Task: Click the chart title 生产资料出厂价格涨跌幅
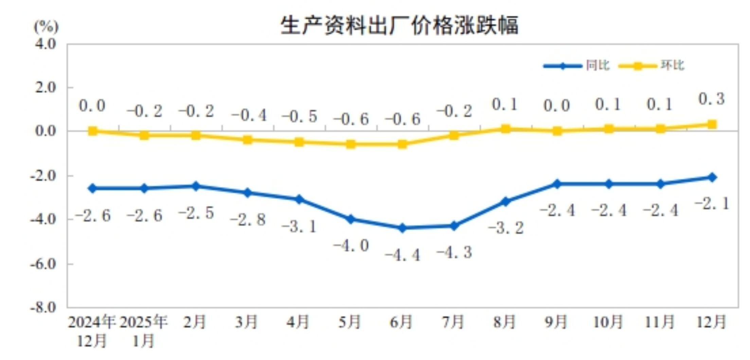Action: [399, 25]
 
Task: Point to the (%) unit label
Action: [46, 27]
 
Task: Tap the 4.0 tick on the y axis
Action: [46, 44]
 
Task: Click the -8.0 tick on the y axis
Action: [43, 308]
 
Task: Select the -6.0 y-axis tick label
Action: [43, 264]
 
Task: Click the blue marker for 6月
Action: [403, 228]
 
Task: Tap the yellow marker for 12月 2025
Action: [712, 124]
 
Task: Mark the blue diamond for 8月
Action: [506, 201]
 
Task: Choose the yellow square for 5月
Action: [351, 144]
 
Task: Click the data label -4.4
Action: [403, 255]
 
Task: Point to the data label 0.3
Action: [712, 99]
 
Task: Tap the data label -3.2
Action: [506, 228]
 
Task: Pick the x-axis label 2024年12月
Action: [92, 331]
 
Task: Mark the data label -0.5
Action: [299, 117]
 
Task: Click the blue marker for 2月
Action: [196, 186]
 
